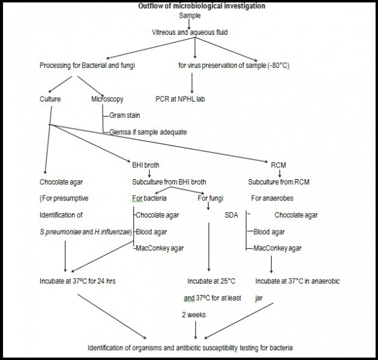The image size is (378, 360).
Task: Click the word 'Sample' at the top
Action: [x=190, y=15]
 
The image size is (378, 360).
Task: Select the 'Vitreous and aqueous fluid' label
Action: [x=190, y=32]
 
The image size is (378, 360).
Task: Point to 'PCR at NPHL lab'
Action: [x=181, y=98]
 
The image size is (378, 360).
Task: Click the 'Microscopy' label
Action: [x=108, y=98]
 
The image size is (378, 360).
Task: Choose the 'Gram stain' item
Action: [x=126, y=115]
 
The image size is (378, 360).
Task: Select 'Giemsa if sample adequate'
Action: [x=148, y=131]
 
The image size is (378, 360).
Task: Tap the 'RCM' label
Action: [x=278, y=164]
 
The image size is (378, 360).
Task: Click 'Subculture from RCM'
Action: [x=278, y=182]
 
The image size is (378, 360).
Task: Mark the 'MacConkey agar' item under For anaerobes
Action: [x=277, y=248]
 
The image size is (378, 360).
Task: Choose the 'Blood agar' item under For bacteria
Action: [x=151, y=232]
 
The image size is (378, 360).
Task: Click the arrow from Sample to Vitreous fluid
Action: [x=190, y=23]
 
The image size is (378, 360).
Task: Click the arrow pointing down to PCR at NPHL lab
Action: [x=193, y=83]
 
